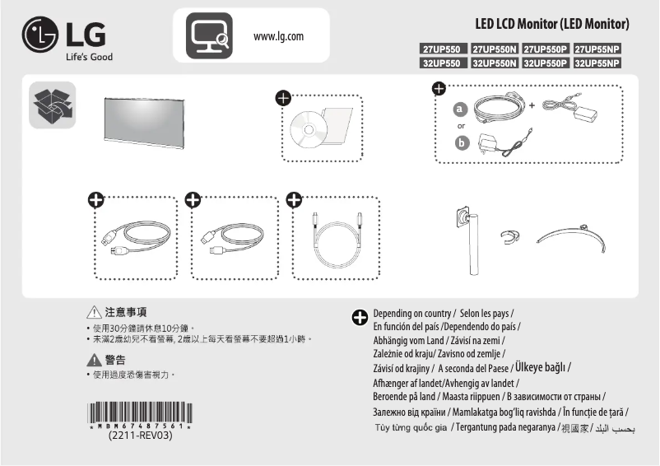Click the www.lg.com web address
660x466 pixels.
[x=279, y=36]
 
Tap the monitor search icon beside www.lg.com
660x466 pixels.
[x=202, y=35]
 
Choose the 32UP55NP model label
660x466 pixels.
[x=597, y=63]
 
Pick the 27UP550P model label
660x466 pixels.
[x=546, y=49]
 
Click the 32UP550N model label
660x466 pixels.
[x=494, y=63]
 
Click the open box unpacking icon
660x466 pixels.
[x=52, y=105]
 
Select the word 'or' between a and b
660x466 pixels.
[x=461, y=126]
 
